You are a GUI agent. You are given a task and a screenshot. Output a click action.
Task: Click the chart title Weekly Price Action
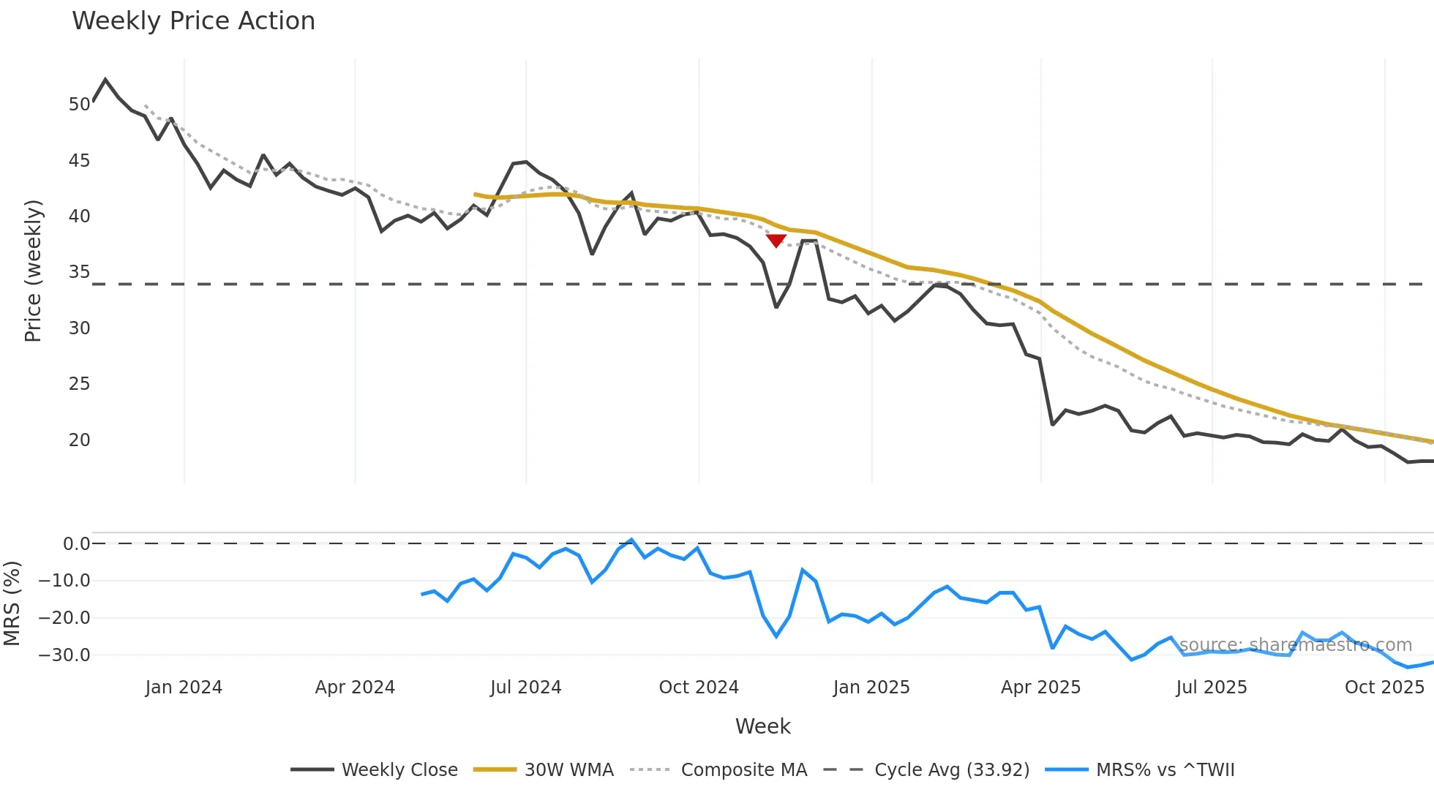[193, 21]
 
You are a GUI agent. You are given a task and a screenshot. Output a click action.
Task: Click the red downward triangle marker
[776, 241]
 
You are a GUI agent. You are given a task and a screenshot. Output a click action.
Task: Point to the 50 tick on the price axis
[79, 105]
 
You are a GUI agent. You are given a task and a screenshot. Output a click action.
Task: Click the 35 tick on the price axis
[79, 272]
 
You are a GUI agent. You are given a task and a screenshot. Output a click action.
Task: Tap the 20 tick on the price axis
[79, 440]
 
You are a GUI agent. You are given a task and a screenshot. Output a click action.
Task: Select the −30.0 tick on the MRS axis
[64, 655]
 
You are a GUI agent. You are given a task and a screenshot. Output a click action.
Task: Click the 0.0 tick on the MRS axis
[76, 544]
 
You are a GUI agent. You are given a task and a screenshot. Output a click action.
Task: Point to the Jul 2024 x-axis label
[525, 688]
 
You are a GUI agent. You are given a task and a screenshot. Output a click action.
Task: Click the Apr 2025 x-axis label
[1040, 688]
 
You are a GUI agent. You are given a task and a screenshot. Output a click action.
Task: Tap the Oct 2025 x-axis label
[1384, 688]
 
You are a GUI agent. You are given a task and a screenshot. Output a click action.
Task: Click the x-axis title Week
[762, 726]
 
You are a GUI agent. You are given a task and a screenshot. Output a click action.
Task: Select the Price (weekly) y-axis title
[34, 271]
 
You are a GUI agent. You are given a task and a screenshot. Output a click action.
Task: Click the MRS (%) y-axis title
[12, 603]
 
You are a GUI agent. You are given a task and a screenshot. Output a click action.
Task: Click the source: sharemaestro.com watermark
[1295, 645]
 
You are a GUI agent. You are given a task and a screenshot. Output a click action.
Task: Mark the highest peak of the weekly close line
[105, 79]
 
